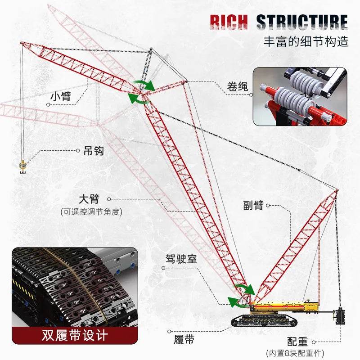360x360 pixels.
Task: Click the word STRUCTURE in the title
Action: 302,23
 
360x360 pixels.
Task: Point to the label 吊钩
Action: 93,151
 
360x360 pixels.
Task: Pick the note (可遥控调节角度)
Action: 91,211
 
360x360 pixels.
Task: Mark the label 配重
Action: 297,341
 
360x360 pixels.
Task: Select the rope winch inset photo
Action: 300,96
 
